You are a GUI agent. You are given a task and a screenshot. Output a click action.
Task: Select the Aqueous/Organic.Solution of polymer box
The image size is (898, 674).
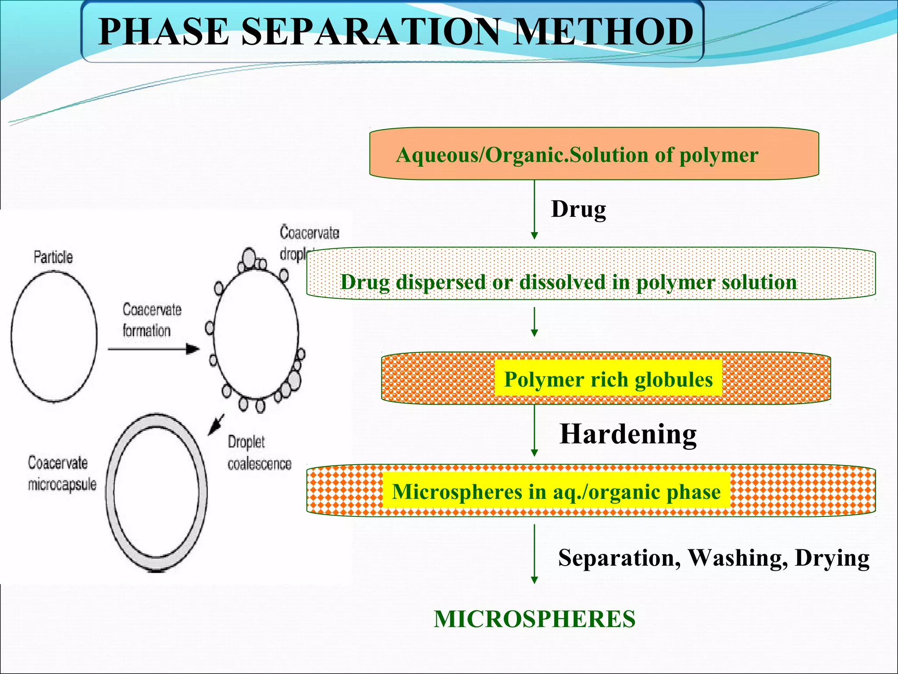point(594,154)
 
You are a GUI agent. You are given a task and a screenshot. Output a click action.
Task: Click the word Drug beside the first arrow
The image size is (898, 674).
point(578,209)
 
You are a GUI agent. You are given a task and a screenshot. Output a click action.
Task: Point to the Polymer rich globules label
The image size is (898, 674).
point(608,379)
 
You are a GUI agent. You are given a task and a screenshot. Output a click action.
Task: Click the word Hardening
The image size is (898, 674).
point(628,434)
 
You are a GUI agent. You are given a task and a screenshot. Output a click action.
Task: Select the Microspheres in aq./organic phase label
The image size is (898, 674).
point(556,491)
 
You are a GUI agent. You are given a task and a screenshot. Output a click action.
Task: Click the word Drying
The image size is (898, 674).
point(832,558)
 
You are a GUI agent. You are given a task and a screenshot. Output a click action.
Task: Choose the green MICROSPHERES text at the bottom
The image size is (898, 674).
point(535,619)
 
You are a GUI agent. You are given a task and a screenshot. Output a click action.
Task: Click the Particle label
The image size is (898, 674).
point(53,257)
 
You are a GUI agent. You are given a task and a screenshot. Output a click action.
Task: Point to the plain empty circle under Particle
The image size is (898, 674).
point(53,337)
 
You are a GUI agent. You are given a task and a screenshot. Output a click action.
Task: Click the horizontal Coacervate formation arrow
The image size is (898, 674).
point(153,349)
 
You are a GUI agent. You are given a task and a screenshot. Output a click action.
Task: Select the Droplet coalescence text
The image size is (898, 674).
point(259,453)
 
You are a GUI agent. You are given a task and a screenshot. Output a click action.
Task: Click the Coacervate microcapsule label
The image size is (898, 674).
point(61,473)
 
